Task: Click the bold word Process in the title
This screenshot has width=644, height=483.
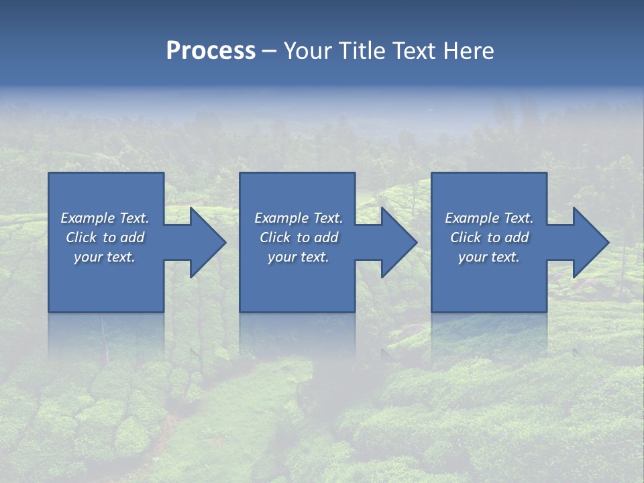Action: (x=211, y=51)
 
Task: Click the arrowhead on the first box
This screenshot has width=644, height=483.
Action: (x=207, y=242)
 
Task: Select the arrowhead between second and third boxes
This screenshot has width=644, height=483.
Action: (x=398, y=242)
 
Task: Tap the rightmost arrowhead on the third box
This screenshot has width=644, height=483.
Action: (x=590, y=242)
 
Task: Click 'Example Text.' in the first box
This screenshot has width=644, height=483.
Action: (x=105, y=218)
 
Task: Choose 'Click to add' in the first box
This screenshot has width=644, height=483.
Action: (x=105, y=237)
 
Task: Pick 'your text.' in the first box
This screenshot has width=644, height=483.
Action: (x=105, y=257)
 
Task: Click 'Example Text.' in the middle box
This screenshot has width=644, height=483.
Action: (x=299, y=218)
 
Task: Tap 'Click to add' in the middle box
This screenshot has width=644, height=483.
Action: (x=299, y=237)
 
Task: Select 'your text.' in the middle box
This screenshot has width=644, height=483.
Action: (x=299, y=257)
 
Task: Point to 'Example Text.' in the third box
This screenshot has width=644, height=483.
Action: (x=489, y=218)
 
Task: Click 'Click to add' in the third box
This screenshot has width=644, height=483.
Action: (x=489, y=237)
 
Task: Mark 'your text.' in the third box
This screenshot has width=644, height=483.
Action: (x=489, y=257)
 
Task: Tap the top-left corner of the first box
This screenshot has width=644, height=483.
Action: (x=50, y=174)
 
